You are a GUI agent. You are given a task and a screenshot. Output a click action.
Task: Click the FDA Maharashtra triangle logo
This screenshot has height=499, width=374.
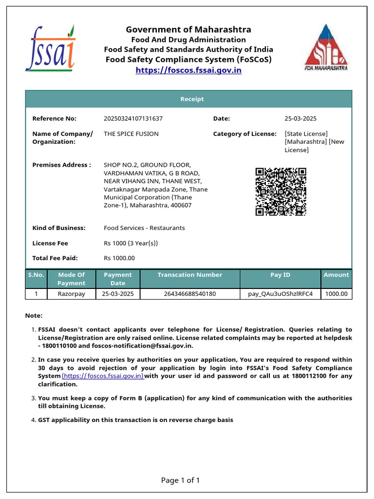click(x=326, y=47)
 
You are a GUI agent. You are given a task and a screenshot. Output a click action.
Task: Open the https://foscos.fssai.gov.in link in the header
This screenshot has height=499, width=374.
click(x=188, y=70)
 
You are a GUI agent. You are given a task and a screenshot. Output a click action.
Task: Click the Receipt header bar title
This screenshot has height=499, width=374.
click(x=192, y=99)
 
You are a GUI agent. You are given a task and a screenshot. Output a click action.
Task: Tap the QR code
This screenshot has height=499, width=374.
click(x=281, y=192)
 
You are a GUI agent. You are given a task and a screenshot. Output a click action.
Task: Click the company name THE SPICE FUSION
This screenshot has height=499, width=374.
click(x=131, y=134)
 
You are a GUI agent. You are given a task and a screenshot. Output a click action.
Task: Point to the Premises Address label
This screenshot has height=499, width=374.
click(x=61, y=165)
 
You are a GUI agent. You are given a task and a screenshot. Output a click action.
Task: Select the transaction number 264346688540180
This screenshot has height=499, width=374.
click(x=190, y=294)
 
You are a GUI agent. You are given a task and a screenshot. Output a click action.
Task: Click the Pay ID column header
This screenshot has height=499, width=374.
click(x=280, y=275)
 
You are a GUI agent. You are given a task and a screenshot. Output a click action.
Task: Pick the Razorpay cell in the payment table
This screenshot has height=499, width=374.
click(x=71, y=294)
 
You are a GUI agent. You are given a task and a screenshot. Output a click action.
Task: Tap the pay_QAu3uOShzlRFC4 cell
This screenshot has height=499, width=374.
click(x=280, y=294)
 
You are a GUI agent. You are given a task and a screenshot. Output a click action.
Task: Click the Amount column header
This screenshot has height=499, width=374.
click(x=336, y=275)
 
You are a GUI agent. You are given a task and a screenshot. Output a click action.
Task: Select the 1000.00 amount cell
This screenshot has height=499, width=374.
click(x=336, y=294)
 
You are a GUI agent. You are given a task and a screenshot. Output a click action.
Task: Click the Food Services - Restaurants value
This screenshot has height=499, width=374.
click(x=144, y=228)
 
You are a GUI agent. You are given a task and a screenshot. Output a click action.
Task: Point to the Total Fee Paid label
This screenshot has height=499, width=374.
click(x=55, y=258)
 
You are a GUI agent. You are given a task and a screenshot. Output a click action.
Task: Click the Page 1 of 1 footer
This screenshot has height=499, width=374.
click(x=180, y=480)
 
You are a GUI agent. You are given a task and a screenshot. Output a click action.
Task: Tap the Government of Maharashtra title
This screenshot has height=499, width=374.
click(x=188, y=30)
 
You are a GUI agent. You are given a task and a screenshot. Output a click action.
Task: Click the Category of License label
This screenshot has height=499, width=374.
click(x=244, y=134)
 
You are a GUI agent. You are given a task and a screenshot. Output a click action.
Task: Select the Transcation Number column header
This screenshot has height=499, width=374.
click(x=190, y=275)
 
